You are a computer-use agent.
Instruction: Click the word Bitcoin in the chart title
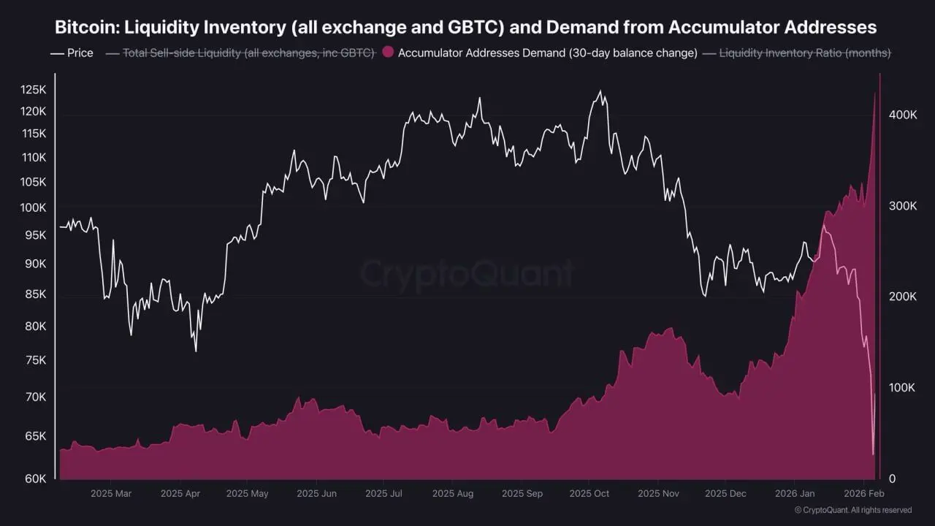tap(85, 28)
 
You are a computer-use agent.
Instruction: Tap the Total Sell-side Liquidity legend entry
tap(248, 53)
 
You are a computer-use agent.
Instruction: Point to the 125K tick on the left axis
tap(33, 90)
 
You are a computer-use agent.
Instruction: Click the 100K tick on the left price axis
tap(33, 207)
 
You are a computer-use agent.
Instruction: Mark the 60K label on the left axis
tap(35, 479)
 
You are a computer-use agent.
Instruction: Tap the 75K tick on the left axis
tap(35, 360)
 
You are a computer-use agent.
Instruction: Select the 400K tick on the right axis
tap(901, 115)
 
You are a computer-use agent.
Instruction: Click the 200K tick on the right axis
tap(901, 297)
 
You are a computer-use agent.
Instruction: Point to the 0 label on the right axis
tap(891, 479)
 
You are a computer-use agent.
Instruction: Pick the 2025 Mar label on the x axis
tap(111, 494)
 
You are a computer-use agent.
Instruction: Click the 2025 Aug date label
tap(452, 494)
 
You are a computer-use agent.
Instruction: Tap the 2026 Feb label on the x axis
tap(864, 494)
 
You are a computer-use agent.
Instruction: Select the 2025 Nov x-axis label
tap(658, 494)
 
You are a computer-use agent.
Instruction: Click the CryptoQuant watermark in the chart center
tap(467, 274)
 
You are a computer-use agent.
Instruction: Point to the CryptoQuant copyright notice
tap(852, 510)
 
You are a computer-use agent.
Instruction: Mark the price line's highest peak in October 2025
tap(600, 91)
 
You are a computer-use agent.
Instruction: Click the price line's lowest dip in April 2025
tap(196, 351)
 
